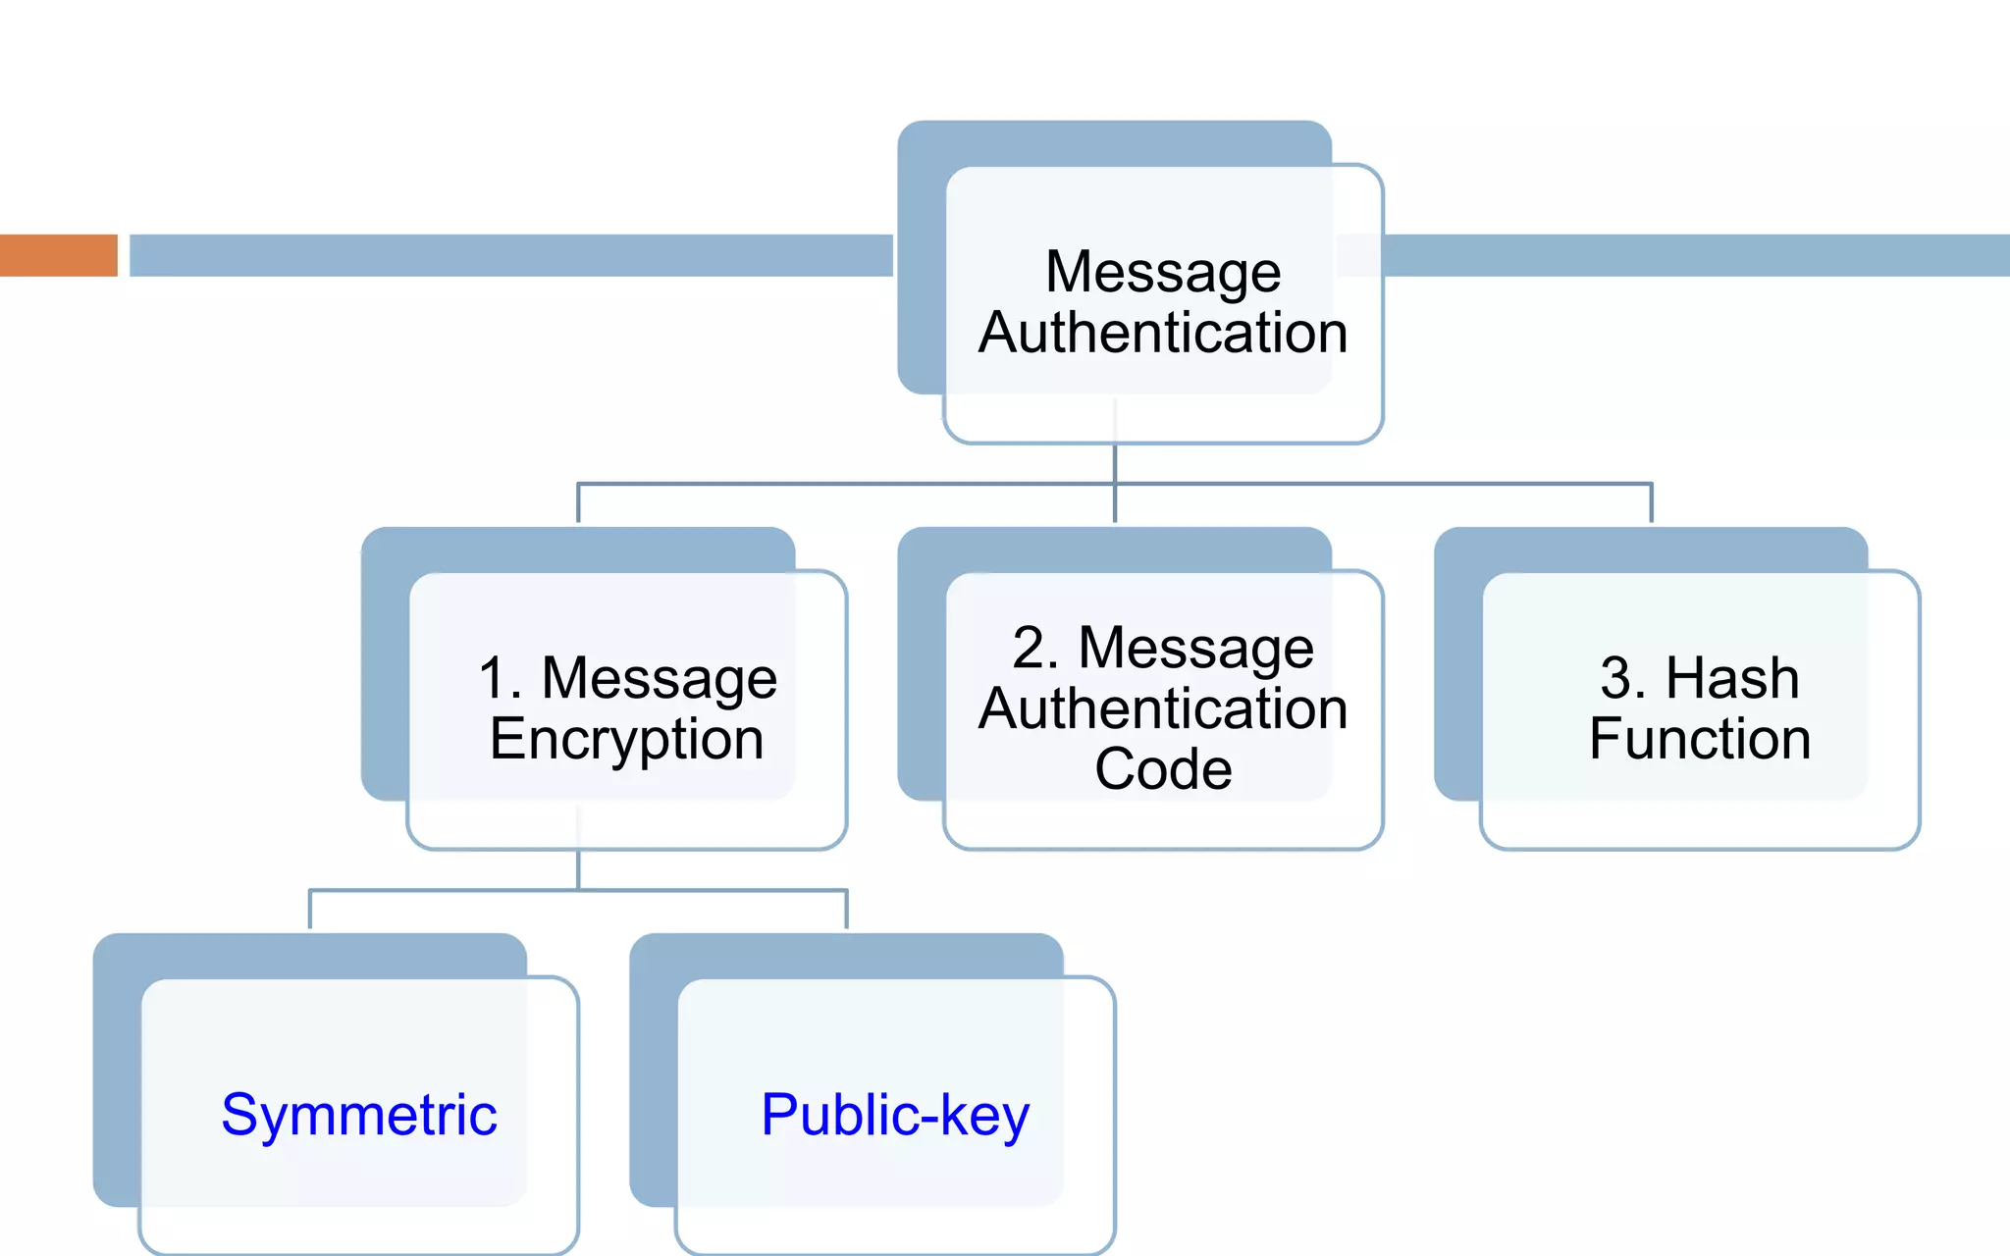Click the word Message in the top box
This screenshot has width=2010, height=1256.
[1163, 272]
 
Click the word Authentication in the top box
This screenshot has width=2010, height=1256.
[1163, 333]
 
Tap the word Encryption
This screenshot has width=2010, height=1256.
[626, 739]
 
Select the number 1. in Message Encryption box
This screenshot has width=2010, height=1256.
[500, 678]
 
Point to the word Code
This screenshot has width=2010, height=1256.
[1163, 768]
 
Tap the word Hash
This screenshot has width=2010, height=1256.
[1732, 678]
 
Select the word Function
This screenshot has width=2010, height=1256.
[1700, 739]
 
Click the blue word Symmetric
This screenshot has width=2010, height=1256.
[359, 1115]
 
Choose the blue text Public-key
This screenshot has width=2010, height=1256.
[895, 1115]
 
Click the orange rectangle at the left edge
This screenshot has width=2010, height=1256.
[58, 255]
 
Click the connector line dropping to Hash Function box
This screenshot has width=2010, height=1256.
[1651, 502]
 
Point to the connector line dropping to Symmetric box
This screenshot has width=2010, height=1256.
[310, 909]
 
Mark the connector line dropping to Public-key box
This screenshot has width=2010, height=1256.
[846, 909]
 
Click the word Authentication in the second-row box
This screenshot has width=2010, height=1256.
[1163, 708]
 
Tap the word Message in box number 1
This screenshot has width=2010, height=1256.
[659, 678]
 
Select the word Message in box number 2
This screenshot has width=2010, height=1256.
[1195, 648]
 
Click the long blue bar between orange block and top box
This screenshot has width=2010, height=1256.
[510, 255]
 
